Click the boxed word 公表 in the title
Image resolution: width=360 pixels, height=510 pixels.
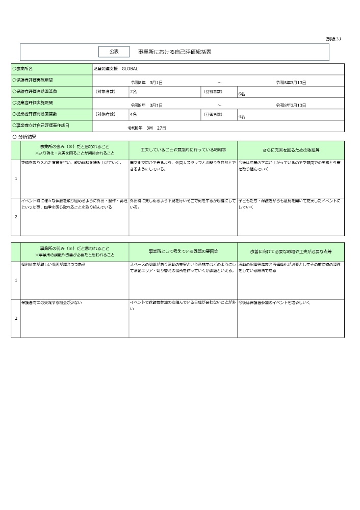(x=114, y=52)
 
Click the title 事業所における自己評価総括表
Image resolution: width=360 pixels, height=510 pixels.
(x=174, y=52)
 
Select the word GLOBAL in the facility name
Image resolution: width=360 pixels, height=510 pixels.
(x=130, y=68)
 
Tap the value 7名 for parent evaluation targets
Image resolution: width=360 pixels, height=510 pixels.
(x=133, y=91)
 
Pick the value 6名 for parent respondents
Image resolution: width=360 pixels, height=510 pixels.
(x=242, y=94)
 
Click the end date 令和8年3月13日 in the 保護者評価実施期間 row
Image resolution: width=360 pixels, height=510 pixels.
(x=291, y=82)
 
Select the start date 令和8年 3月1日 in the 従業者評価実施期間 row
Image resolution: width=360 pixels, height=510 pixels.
(x=147, y=105)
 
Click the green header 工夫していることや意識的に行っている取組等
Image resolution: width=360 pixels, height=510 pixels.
(x=183, y=150)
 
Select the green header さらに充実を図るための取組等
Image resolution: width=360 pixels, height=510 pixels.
(x=291, y=150)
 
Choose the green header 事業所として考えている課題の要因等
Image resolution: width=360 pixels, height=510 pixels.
(x=183, y=251)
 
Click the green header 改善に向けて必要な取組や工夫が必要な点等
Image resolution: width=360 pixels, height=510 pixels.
(x=291, y=251)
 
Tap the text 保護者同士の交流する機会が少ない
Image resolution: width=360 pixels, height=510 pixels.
(x=51, y=303)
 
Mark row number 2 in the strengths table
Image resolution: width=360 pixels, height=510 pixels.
(x=16, y=217)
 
